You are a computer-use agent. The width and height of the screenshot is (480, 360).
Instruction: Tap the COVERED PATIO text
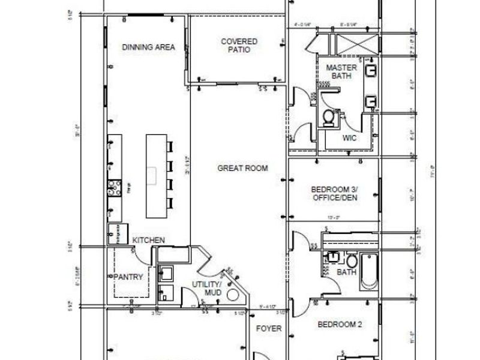[239, 46]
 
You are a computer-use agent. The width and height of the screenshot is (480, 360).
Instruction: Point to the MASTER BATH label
[341, 72]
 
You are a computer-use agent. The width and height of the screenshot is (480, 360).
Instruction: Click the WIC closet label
[349, 137]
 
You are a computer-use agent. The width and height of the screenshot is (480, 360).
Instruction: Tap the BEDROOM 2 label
[340, 325]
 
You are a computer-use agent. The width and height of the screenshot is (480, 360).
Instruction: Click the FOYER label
[265, 329]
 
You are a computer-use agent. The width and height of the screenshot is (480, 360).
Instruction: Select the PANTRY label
[128, 277]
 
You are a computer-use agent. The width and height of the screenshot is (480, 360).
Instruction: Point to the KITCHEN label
[148, 240]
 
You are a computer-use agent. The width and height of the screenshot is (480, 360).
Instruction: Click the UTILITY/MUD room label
[207, 287]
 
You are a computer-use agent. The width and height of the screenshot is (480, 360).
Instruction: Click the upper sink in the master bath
[371, 71]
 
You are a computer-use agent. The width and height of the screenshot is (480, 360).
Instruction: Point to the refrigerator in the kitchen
[114, 233]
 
